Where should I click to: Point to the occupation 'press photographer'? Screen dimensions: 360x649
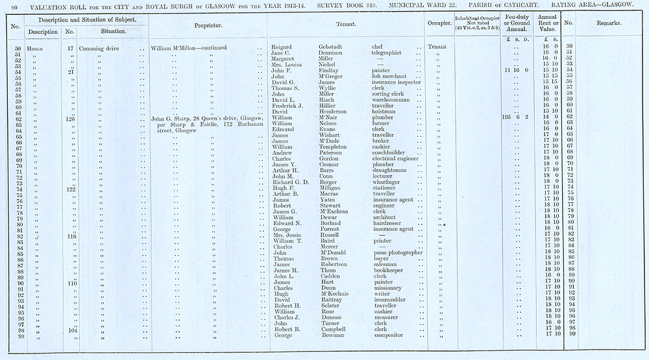[399, 252]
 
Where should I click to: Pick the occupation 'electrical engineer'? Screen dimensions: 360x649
[397, 158]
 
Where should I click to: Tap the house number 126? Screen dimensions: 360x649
[70, 119]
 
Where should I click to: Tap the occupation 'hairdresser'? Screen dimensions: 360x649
[387, 222]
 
